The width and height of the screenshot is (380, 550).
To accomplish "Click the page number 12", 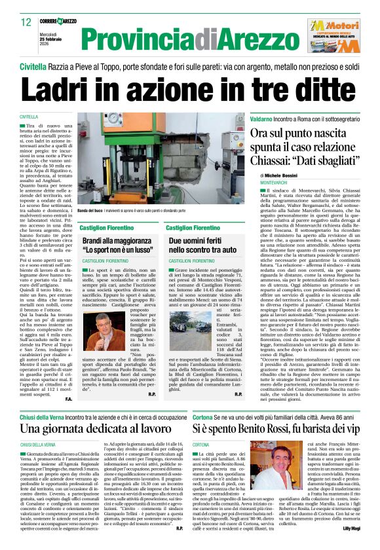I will point(26,22).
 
